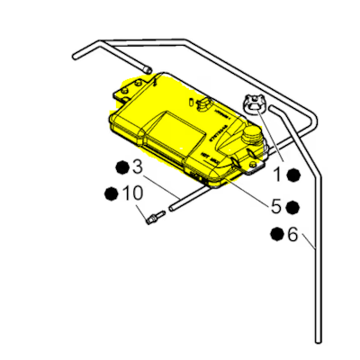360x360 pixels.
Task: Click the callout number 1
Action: pos(278,175)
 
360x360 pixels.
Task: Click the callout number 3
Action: pos(137,167)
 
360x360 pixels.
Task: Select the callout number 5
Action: pos(276,206)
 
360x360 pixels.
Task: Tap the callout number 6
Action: pos(292,235)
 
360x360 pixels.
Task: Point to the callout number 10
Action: pos(131,193)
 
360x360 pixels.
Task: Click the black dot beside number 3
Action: pos(121,167)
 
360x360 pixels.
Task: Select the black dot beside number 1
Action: pos(296,175)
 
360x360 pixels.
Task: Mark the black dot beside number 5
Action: pos(293,206)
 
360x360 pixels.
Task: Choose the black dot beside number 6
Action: pos(275,235)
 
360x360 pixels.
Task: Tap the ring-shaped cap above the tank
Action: pos(256,103)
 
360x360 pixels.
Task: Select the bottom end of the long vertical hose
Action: pos(319,338)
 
